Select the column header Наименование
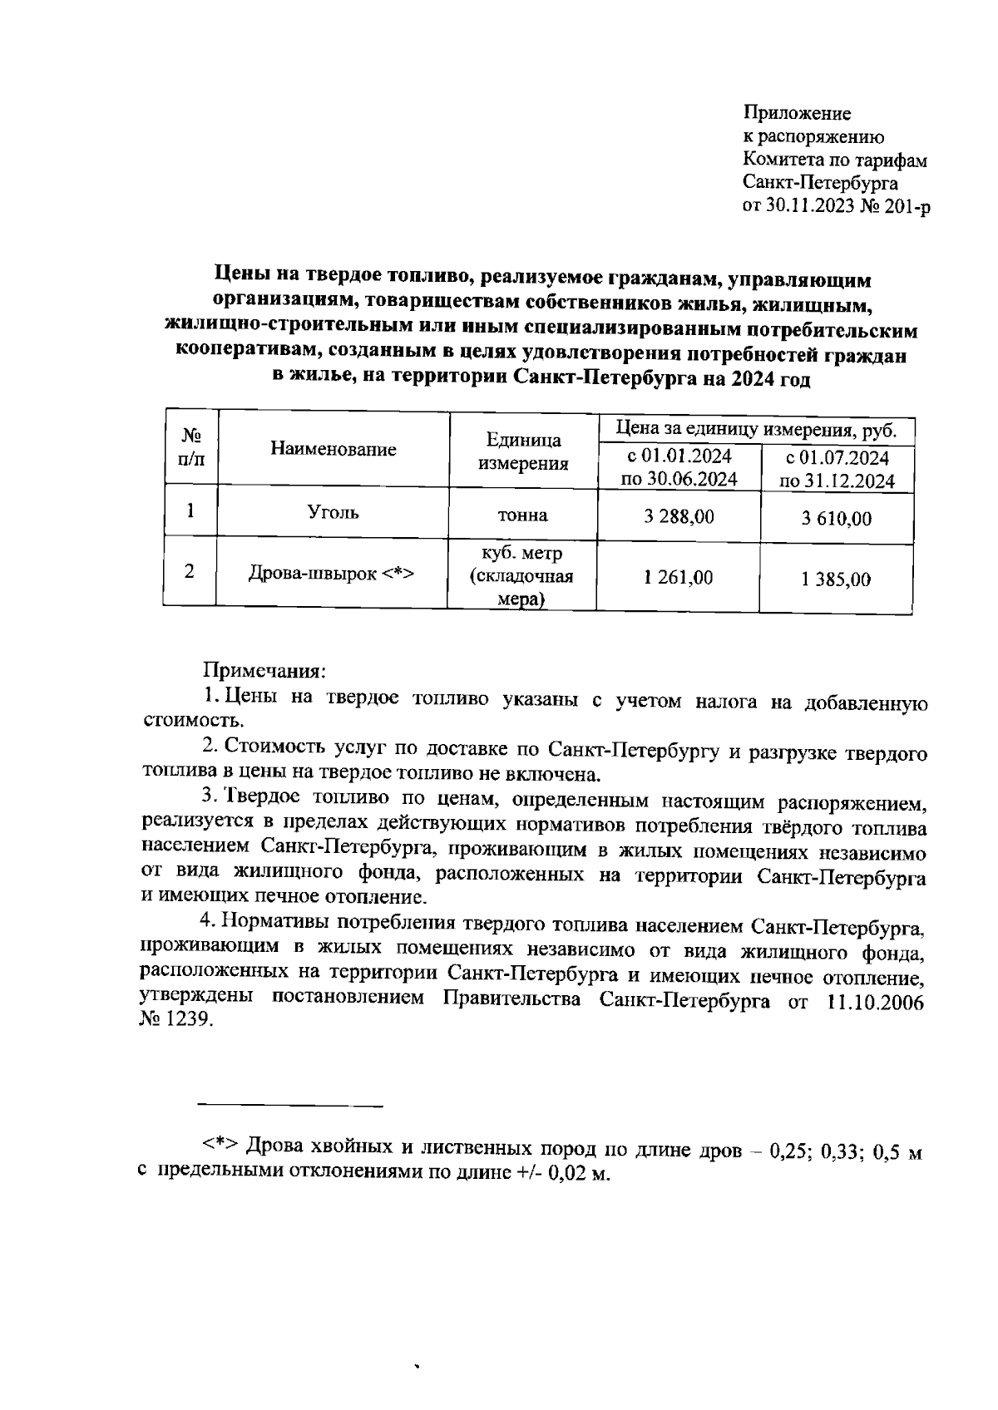[x=333, y=450]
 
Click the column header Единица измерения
[x=523, y=451]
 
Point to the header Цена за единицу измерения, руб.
[x=756, y=430]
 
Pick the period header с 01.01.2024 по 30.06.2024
[x=679, y=468]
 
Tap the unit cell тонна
[x=522, y=515]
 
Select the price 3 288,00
[x=679, y=516]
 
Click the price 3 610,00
[x=837, y=520]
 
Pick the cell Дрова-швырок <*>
[x=332, y=574]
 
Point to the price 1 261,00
[x=678, y=577]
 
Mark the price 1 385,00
[x=836, y=579]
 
